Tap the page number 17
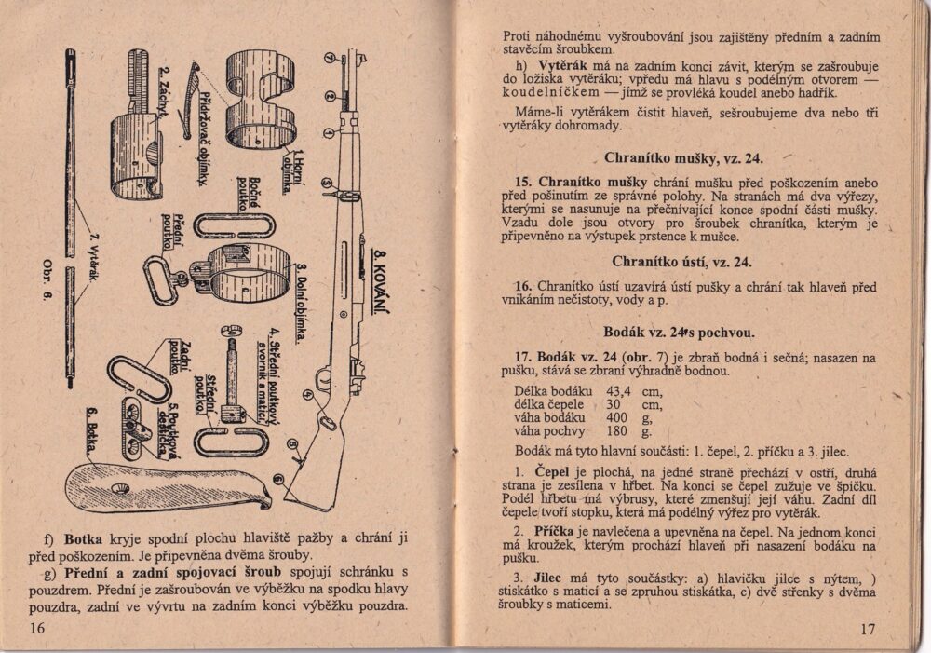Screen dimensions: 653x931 coord(867,629)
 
